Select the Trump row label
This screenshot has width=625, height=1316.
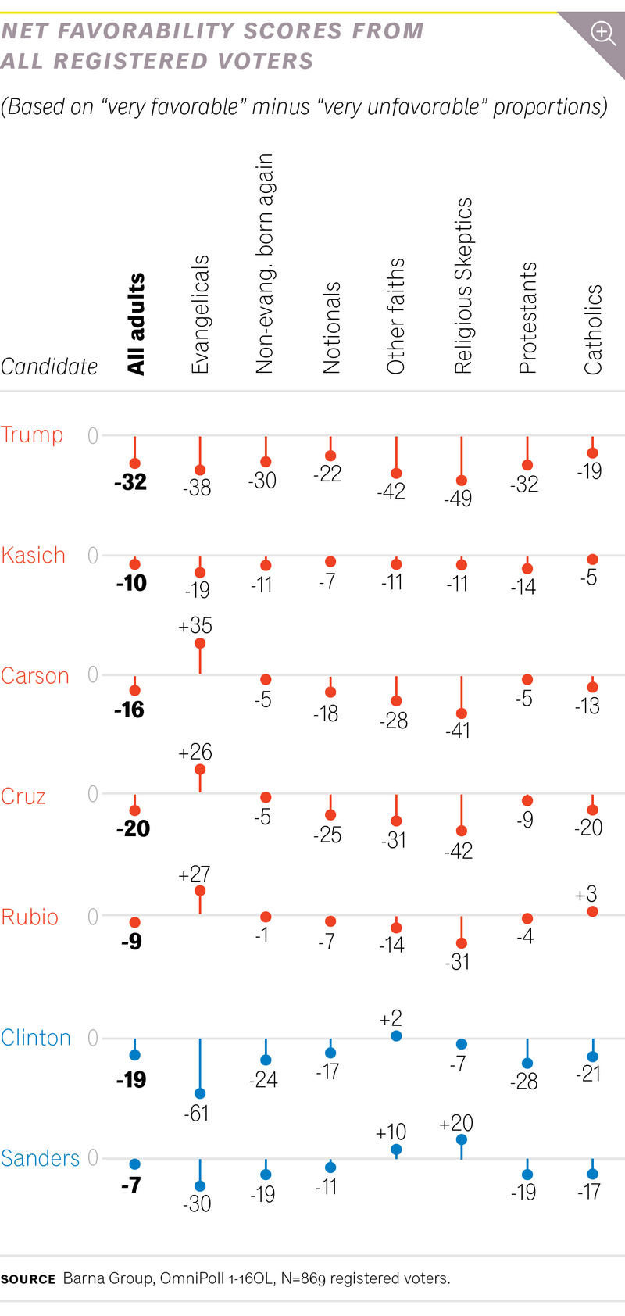32,434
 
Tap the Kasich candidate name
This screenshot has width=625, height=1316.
33,556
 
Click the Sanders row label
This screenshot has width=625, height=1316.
40,1158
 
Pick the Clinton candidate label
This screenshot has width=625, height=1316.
36,1038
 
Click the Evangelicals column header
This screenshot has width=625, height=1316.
200,314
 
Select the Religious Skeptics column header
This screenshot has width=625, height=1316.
463,286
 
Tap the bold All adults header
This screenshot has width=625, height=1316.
136,324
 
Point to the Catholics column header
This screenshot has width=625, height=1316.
594,329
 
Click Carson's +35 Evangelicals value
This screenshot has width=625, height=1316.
195,626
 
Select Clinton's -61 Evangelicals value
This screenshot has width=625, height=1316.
196,1113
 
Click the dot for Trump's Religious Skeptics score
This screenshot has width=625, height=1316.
462,481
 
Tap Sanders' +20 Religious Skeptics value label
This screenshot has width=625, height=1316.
456,1123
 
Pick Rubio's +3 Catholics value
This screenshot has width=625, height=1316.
586,894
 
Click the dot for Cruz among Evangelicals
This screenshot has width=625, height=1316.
200,770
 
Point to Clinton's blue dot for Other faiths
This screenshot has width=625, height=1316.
396,1036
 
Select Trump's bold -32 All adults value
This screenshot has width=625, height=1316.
130,482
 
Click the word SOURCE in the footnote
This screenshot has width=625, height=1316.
28,1279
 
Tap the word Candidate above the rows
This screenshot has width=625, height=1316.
49,367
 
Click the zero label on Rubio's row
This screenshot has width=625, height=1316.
93,916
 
